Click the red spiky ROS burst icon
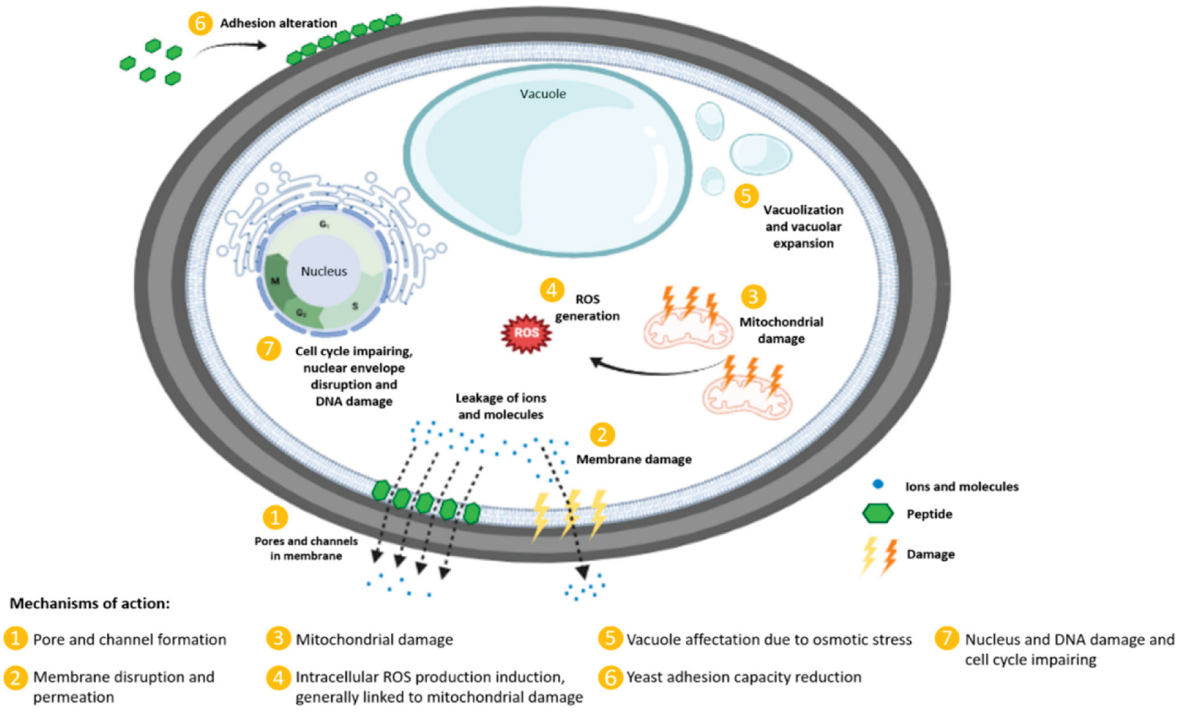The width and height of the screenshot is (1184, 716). click(526, 333)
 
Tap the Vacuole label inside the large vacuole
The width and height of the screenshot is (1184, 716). click(543, 94)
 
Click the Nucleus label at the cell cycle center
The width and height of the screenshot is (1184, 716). click(323, 271)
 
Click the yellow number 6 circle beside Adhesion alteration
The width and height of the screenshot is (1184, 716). click(200, 23)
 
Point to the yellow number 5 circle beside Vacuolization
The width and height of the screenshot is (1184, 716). click(746, 196)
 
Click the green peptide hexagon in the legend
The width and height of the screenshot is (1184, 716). click(877, 513)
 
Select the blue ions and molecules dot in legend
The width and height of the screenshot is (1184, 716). click(877, 485)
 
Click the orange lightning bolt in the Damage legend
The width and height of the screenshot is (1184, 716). click(890, 556)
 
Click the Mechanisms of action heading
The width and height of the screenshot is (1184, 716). click(90, 603)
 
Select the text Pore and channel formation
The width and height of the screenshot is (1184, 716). click(129, 640)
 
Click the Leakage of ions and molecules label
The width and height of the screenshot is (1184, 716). click(501, 406)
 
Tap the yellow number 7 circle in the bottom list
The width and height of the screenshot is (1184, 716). click(947, 639)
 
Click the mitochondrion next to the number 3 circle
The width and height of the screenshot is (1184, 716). click(688, 329)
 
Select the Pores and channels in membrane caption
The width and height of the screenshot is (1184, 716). click(306, 548)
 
